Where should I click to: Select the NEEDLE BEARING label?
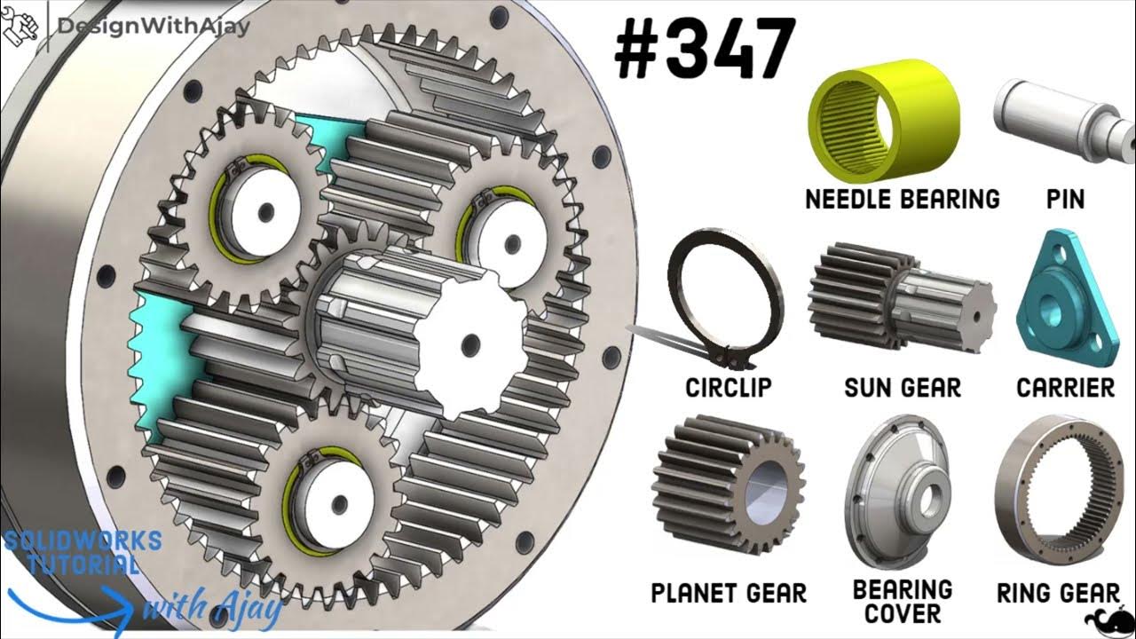coord(902,199)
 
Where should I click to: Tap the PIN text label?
coord(1065,199)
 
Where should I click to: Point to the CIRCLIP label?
coord(729,388)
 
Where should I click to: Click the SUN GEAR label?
coord(903,388)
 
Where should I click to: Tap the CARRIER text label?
coord(1065,388)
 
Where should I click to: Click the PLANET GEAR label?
coord(729,593)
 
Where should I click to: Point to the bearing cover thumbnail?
coord(900,493)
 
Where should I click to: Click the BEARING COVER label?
coord(902,602)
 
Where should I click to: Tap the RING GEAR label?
coord(1058,593)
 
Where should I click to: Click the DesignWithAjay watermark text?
coord(153,26)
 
